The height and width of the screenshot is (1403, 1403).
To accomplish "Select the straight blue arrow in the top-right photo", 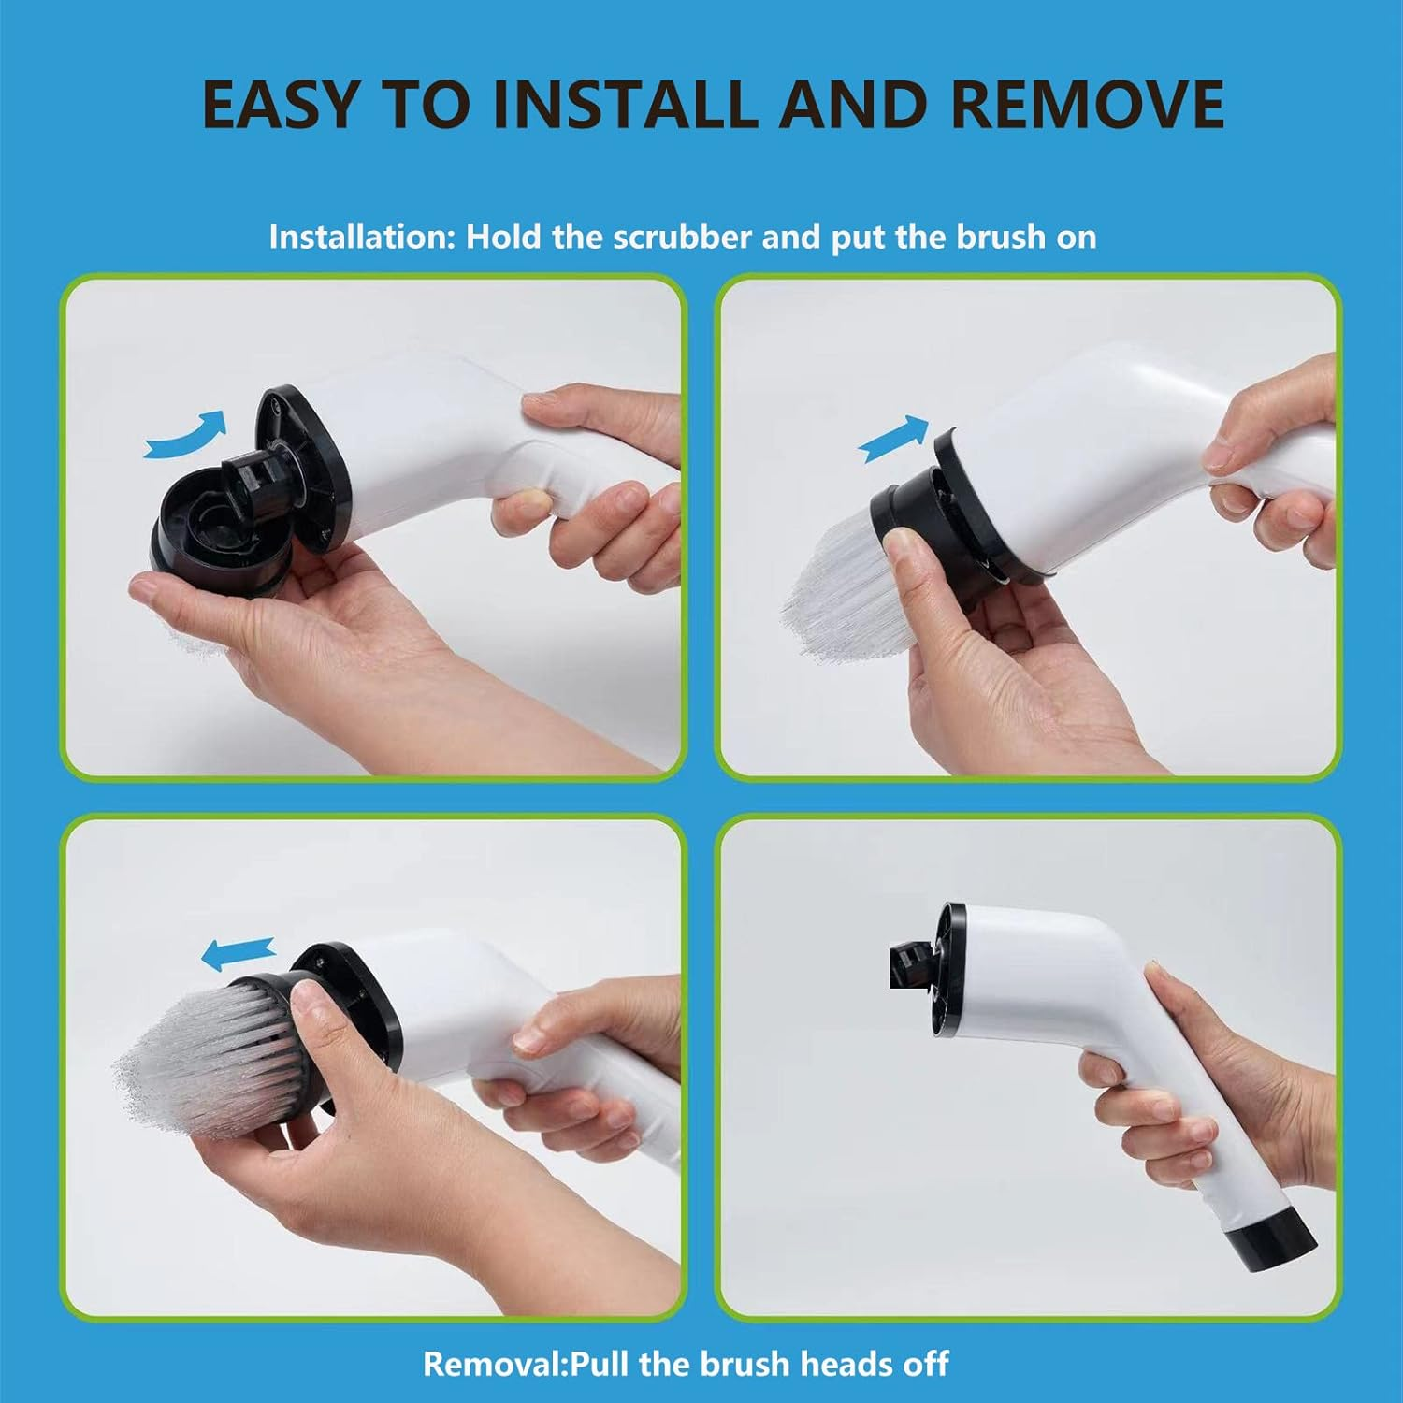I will pos(893,440).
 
